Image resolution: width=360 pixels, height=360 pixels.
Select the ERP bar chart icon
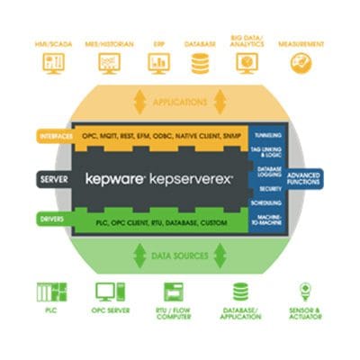[158, 62]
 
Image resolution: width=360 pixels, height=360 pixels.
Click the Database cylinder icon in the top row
[199, 62]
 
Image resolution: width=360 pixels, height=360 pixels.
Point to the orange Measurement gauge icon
[300, 62]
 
